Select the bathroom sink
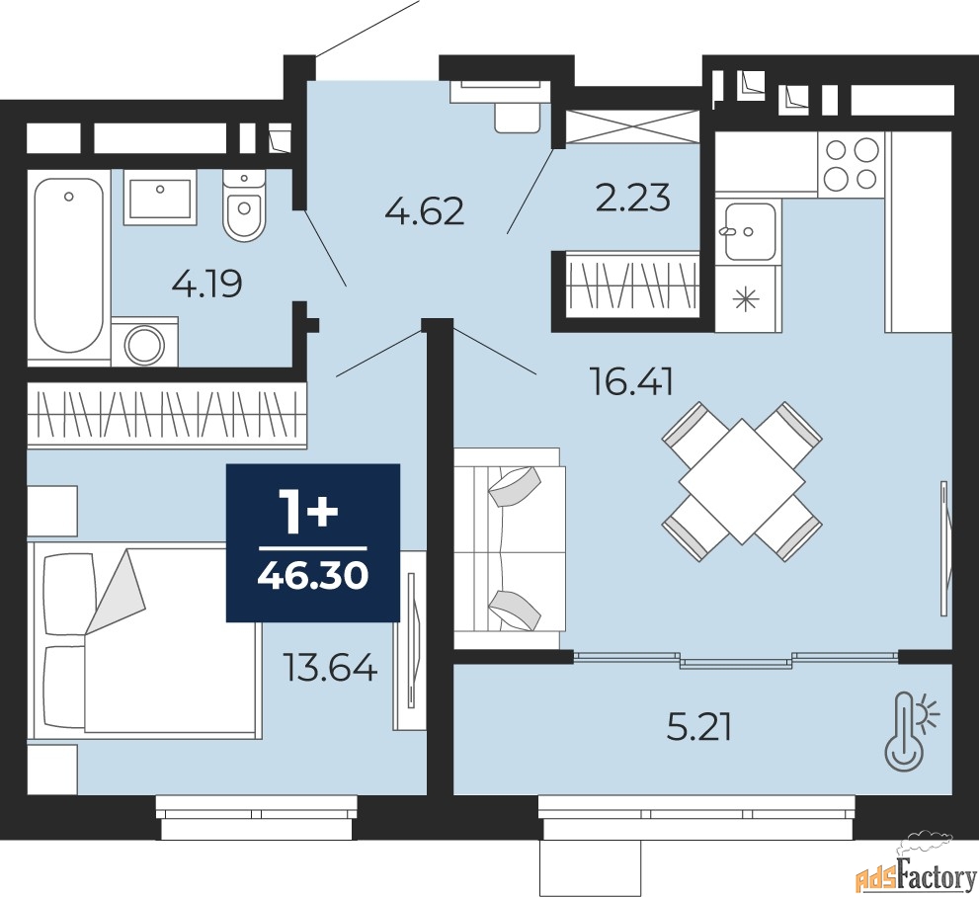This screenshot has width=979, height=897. pyautogui.click(x=160, y=198)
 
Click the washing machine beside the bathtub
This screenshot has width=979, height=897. pyautogui.click(x=145, y=342)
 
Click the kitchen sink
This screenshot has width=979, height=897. pyautogui.click(x=749, y=231)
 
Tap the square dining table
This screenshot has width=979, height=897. pyautogui.click(x=742, y=481)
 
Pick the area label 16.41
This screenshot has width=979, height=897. pyautogui.click(x=632, y=382)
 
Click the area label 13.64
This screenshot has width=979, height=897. pyautogui.click(x=330, y=667)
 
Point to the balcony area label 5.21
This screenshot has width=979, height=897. pyautogui.click(x=698, y=727)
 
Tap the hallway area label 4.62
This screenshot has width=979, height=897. pyautogui.click(x=425, y=212)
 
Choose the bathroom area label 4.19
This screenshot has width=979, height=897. pyautogui.click(x=206, y=285)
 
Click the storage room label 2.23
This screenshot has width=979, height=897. pyautogui.click(x=633, y=198)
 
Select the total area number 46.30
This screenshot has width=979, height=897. pyautogui.click(x=313, y=576)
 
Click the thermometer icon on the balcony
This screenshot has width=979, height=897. pyautogui.click(x=911, y=728)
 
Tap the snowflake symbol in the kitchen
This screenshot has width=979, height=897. pyautogui.click(x=748, y=300)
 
